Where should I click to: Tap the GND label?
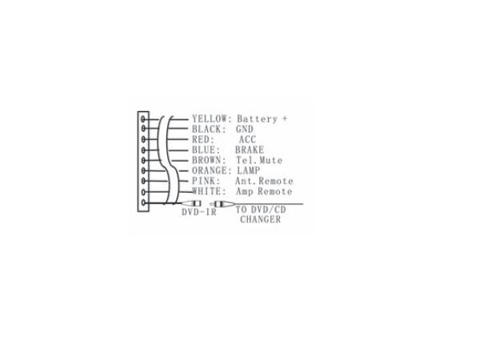[244, 130]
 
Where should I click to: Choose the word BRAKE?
[250, 150]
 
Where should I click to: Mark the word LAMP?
[248, 171]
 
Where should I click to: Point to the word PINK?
[204, 182]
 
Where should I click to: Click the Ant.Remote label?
[264, 182]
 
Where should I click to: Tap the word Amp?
[245, 192]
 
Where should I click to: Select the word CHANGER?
[260, 219]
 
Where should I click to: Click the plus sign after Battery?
[284, 119]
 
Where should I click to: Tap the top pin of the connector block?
[144, 119]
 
